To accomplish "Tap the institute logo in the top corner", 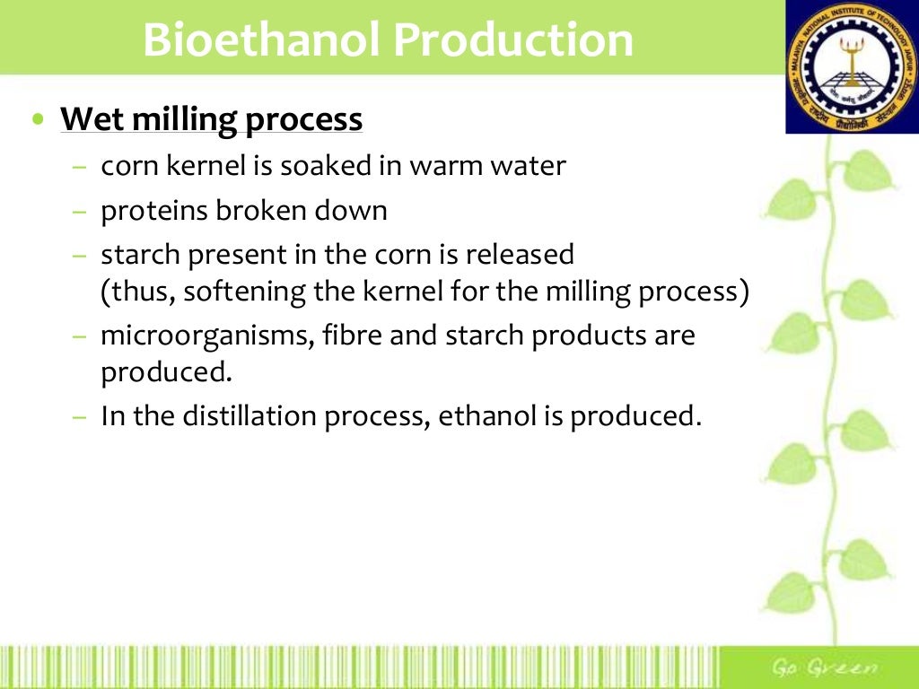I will (x=852, y=67).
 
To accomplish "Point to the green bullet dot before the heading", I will (x=37, y=120).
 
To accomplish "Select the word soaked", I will (x=335, y=166).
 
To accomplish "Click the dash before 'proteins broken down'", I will (x=81, y=212).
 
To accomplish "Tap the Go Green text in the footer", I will (x=825, y=667).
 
